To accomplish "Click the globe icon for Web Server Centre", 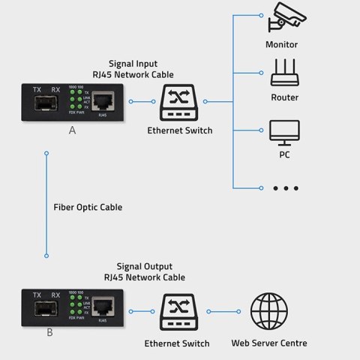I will pos(268,310).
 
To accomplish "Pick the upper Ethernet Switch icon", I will pos(179,101).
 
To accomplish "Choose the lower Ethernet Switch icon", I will pos(179,310).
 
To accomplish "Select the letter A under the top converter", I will pos(71,130).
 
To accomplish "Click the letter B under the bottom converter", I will pos(49,332).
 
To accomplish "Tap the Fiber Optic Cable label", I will pos(87,207).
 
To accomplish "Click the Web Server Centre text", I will pos(268,343).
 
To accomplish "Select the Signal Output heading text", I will pos(144,266).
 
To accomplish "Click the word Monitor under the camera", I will pos(281,44).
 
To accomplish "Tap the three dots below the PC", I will pos(285,187).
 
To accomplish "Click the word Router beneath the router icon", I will pos(284,97).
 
